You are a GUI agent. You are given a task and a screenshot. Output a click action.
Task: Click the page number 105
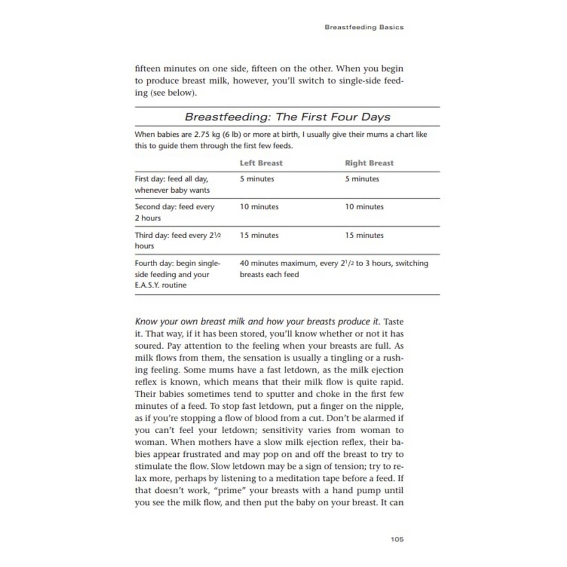click(397, 539)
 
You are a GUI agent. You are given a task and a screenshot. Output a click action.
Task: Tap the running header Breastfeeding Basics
click(364, 27)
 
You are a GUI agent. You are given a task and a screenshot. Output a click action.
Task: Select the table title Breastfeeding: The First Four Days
click(287, 117)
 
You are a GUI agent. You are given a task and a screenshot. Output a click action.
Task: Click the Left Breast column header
click(261, 163)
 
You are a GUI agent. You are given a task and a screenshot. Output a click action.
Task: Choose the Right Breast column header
click(369, 163)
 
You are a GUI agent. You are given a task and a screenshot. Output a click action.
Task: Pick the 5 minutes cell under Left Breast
click(257, 179)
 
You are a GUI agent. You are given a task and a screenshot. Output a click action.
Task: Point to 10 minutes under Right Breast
click(364, 207)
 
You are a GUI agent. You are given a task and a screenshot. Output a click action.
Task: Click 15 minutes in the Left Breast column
click(259, 235)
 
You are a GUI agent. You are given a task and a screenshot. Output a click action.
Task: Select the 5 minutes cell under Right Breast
click(362, 179)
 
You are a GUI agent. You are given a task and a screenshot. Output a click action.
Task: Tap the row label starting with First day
click(172, 184)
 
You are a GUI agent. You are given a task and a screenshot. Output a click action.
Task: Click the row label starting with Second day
click(174, 212)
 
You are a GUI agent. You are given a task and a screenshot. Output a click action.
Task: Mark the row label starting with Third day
click(178, 240)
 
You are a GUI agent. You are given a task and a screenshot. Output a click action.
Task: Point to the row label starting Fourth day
click(177, 274)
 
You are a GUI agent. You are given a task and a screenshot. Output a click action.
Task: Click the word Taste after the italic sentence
click(394, 322)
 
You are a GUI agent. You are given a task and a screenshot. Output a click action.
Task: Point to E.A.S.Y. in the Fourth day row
click(147, 285)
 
